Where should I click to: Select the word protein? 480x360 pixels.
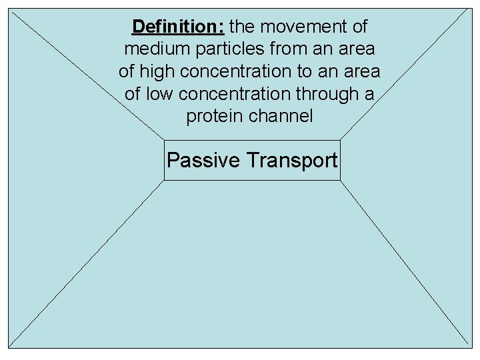point(215,116)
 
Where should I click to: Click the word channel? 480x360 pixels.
point(281,116)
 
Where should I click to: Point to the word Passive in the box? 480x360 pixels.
point(203,161)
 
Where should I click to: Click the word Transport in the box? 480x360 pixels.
point(292,161)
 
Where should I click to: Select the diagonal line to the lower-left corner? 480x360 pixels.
point(87,263)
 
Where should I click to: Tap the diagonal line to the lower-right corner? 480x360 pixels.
point(404,263)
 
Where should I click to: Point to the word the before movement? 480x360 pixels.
point(243,27)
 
